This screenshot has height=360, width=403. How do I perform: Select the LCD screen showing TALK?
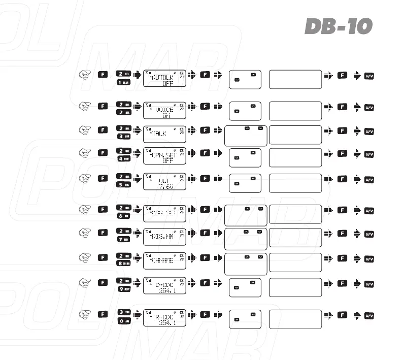(x=165, y=134)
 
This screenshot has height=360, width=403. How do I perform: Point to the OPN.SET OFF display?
(x=165, y=156)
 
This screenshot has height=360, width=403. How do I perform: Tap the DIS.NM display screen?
(x=165, y=237)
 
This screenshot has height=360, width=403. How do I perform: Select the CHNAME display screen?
(x=165, y=261)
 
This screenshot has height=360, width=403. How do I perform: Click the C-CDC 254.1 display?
(x=165, y=286)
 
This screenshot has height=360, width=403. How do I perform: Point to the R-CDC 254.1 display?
(x=165, y=317)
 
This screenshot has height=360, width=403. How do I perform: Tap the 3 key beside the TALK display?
(x=124, y=137)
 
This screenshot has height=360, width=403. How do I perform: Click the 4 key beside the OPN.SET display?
(x=124, y=159)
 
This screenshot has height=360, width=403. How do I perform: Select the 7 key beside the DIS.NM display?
(x=124, y=239)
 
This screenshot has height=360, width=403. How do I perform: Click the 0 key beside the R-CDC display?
(x=124, y=320)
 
